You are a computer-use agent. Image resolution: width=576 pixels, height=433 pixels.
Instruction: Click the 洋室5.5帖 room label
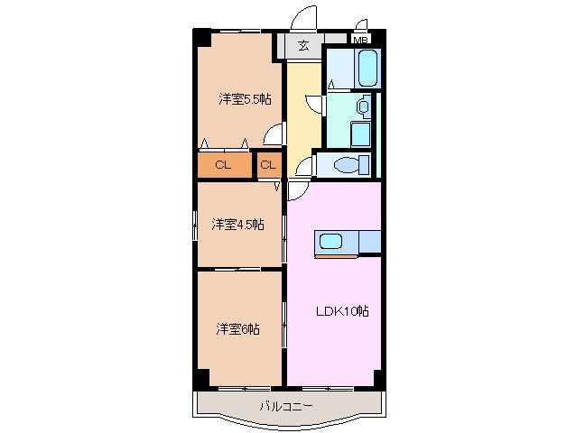(x=244, y=99)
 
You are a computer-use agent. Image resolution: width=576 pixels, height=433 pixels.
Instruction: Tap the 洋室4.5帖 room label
(x=238, y=224)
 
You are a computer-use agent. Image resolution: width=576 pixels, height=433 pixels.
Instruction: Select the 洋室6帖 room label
(x=237, y=329)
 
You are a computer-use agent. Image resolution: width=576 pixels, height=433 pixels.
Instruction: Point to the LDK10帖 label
(x=341, y=311)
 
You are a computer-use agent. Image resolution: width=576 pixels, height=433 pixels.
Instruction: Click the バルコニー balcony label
(x=286, y=407)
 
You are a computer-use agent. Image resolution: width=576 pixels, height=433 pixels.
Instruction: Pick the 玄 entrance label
(x=303, y=44)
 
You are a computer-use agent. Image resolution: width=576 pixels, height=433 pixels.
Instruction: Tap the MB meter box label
(x=360, y=40)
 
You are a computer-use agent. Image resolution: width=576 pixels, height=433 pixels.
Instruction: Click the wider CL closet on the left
(x=223, y=165)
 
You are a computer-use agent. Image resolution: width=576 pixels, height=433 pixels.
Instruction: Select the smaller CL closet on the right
(x=268, y=165)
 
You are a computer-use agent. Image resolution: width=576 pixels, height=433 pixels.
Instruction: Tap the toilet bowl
(x=347, y=165)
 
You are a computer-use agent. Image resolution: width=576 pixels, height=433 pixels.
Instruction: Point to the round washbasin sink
(x=362, y=106)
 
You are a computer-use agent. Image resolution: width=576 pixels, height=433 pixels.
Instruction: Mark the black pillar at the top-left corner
(x=201, y=39)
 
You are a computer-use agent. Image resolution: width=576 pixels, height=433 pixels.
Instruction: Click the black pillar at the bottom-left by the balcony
(x=201, y=377)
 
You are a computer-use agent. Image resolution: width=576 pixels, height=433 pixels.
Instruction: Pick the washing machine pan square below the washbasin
(x=358, y=135)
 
